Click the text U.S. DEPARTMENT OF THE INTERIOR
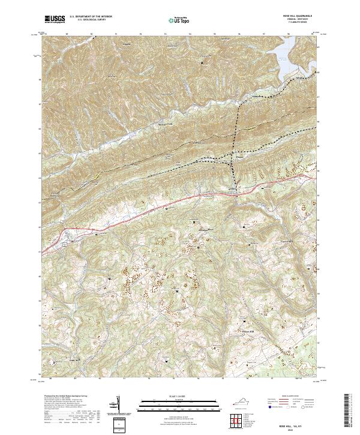[91, 15]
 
